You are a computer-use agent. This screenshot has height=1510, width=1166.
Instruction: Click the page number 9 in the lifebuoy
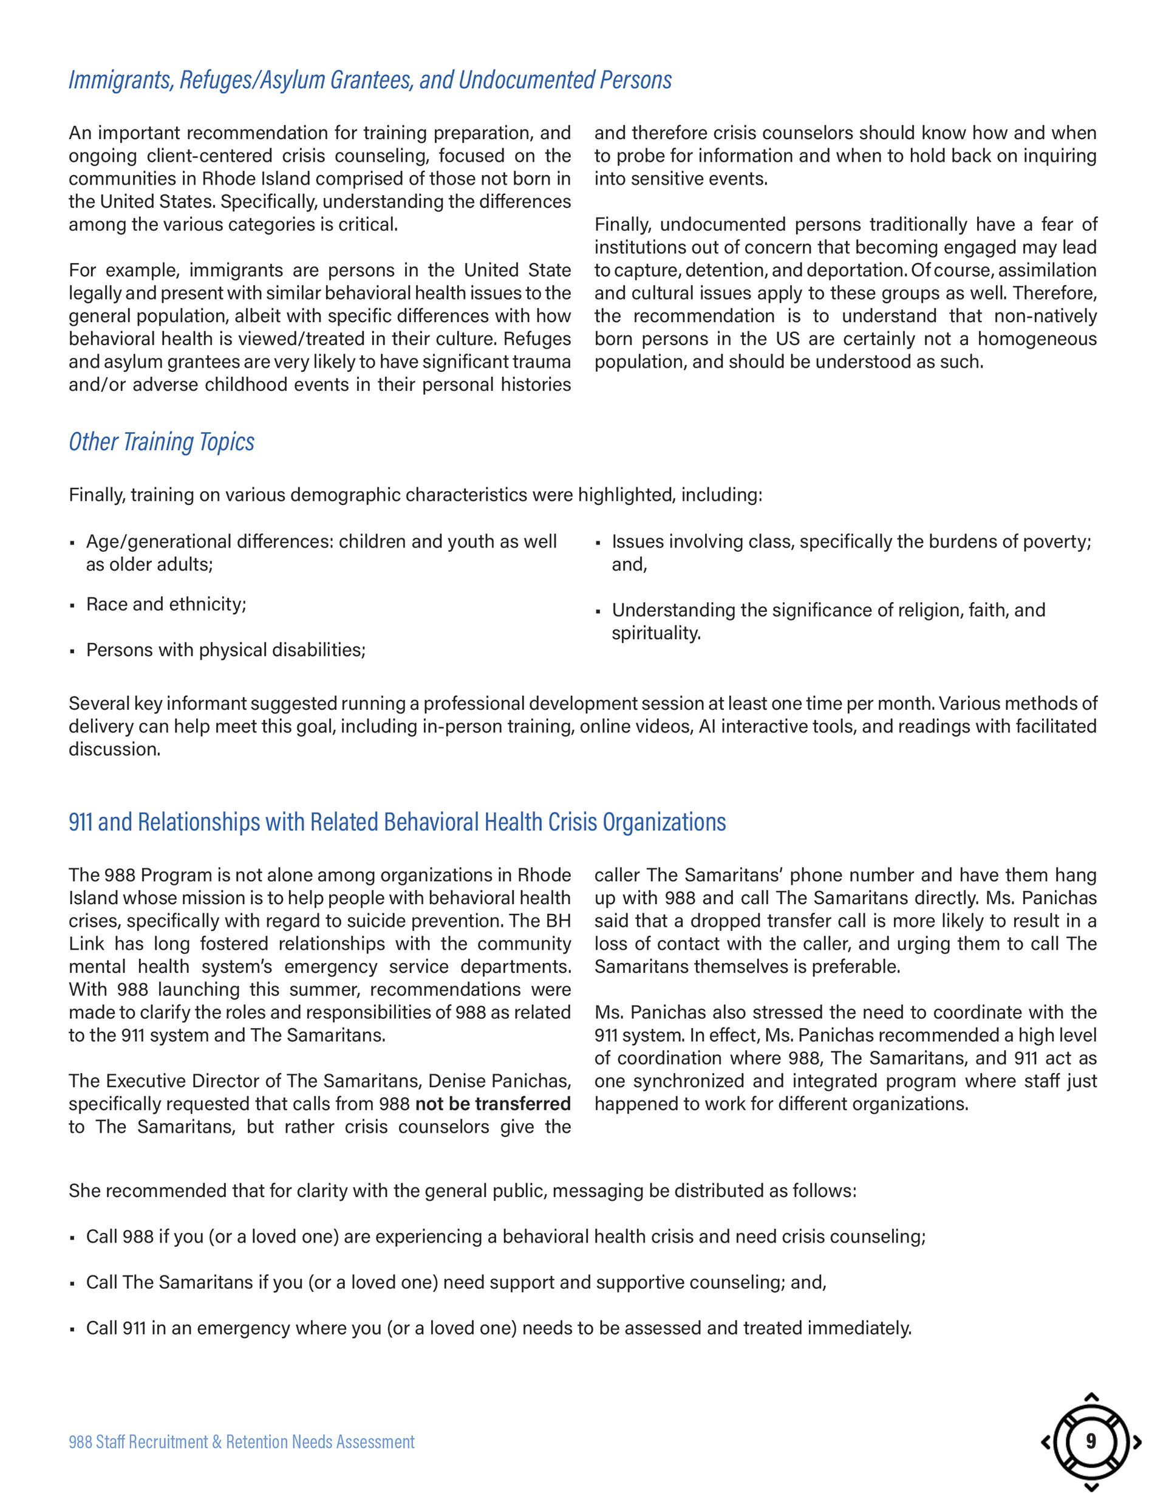[x=1091, y=1441]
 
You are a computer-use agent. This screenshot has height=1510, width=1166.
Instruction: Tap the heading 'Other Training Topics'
[x=161, y=442]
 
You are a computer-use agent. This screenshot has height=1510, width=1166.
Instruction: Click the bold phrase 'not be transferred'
[x=493, y=1104]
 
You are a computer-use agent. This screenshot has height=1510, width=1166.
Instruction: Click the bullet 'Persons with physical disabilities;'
[x=225, y=650]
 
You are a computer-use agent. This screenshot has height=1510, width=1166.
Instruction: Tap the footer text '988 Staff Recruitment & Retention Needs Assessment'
[x=241, y=1441]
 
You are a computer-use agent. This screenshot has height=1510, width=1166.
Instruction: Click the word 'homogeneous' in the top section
[x=1037, y=339]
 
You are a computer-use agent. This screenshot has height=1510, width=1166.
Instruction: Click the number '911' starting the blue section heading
[x=80, y=822]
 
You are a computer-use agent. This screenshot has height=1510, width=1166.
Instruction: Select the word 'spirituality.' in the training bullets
[x=656, y=633]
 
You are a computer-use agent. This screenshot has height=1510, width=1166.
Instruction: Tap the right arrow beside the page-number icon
[x=1137, y=1441]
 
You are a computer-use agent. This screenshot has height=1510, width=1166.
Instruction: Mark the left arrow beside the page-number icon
[x=1046, y=1441]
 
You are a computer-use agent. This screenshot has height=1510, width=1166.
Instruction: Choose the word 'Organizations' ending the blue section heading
[x=664, y=822]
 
